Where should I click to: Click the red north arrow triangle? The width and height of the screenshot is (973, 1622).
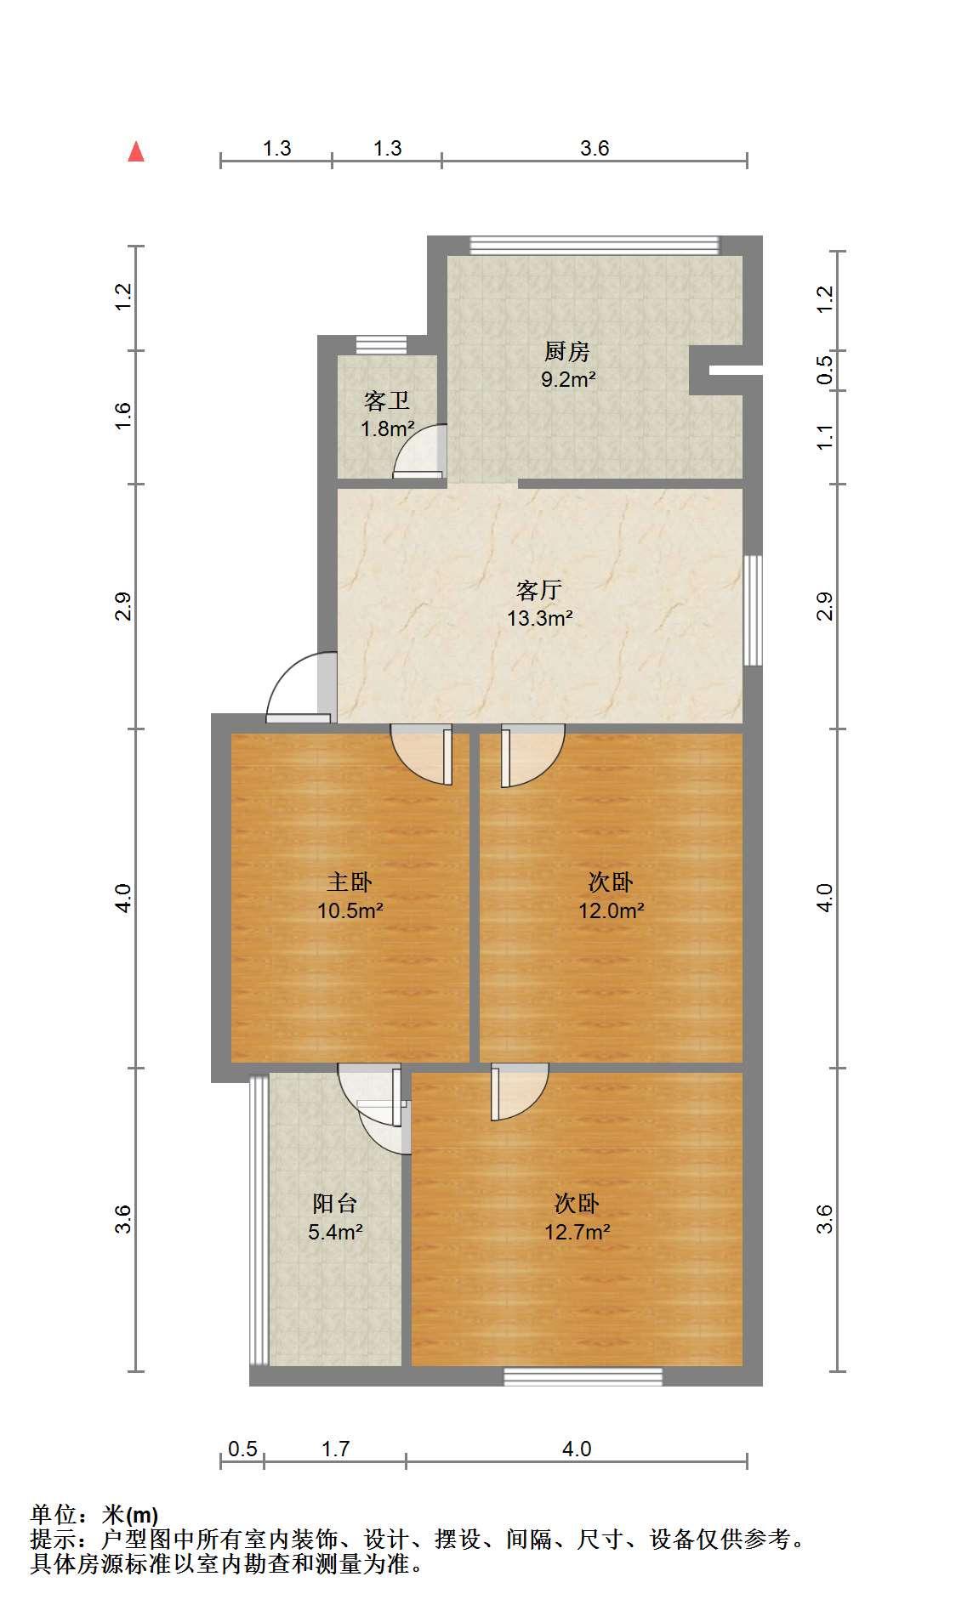136,151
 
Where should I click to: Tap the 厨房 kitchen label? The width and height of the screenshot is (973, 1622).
567,351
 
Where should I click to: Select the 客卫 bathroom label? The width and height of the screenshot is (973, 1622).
387,401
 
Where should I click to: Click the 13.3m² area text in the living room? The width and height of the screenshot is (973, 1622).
539,618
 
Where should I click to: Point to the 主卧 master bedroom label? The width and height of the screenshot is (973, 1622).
350,882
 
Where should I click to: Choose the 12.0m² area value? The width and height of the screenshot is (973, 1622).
611,911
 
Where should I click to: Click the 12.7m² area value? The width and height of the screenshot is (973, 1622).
578,1232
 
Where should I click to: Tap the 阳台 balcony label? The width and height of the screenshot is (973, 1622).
335,1203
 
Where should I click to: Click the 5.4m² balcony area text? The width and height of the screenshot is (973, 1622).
336,1232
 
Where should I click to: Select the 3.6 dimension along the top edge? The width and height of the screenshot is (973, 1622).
595,148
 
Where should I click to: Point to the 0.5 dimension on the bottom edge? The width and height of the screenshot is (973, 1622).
243,1448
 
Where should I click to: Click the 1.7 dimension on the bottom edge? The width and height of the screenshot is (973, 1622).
336,1448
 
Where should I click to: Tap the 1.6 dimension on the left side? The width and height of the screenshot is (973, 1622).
123,417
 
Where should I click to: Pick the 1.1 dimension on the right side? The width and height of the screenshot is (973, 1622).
824,438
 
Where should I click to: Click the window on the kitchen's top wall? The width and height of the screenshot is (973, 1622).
595,245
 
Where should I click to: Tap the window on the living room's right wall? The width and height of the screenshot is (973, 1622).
753,610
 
